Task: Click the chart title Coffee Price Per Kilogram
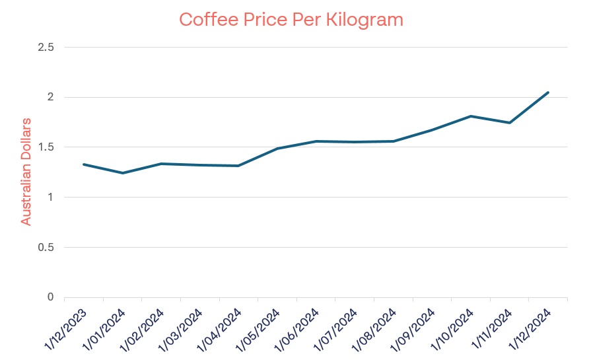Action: [x=291, y=20]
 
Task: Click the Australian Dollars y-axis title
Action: [x=26, y=172]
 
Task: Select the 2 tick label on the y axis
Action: [x=50, y=97]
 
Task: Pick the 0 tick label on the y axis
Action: [x=50, y=297]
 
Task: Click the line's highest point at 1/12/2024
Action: [x=548, y=92]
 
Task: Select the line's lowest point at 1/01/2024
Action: [x=122, y=173]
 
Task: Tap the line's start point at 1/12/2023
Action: [x=84, y=164]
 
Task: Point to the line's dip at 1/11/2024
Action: [x=509, y=123]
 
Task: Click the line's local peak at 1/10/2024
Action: [x=470, y=116]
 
